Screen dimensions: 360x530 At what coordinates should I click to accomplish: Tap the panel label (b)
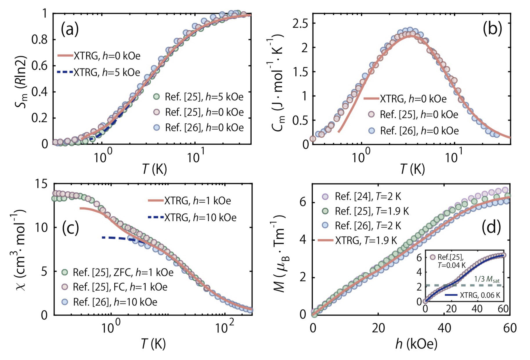click(492, 29)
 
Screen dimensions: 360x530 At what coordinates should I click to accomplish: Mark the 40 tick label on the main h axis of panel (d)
click(444, 328)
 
